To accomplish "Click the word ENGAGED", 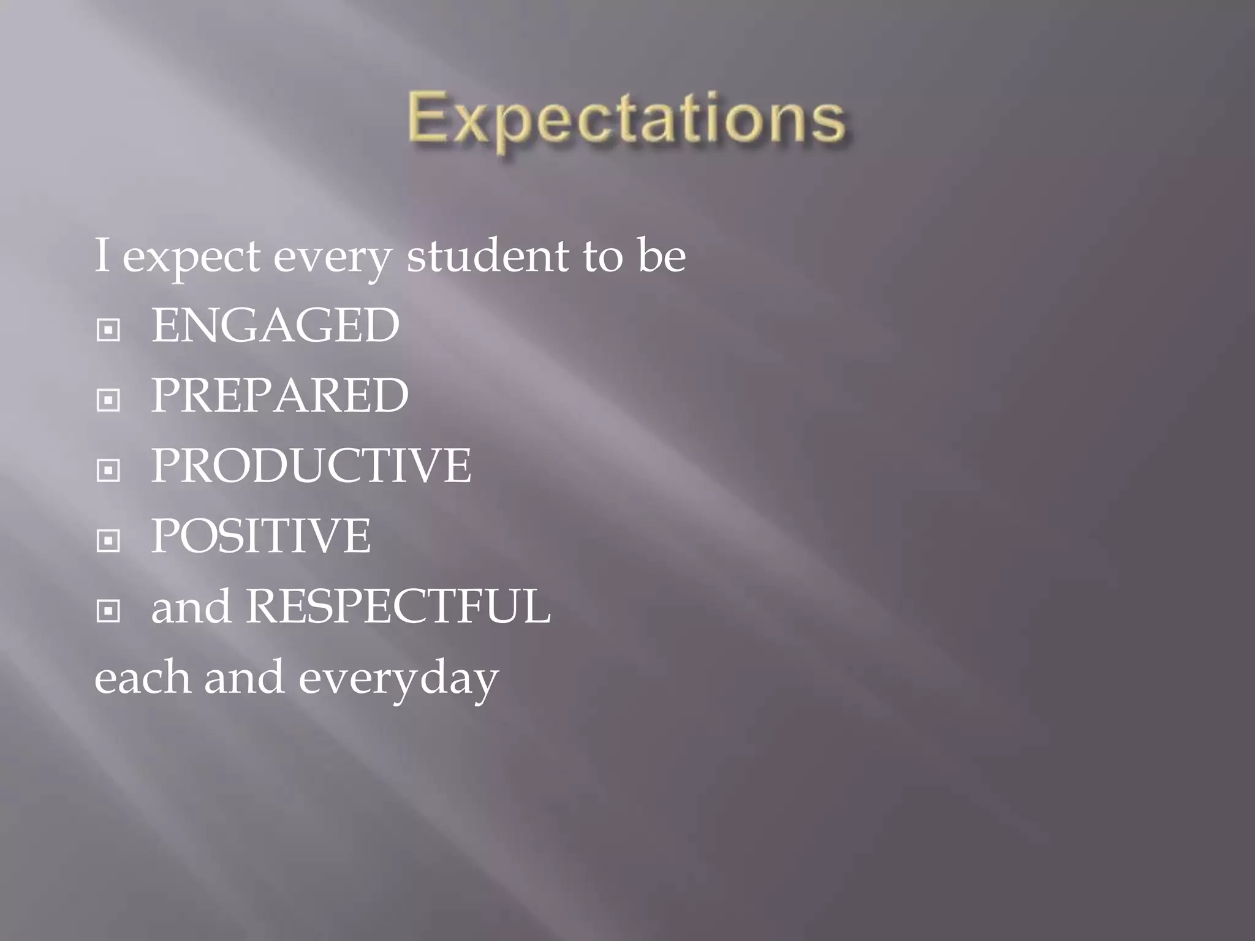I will pyautogui.click(x=275, y=325).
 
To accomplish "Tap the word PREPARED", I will pyautogui.click(x=279, y=395).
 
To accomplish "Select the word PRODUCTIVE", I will pyautogui.click(x=311, y=466).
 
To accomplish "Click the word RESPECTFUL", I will pyautogui.click(x=398, y=607).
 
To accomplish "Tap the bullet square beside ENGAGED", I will pyautogui.click(x=108, y=330).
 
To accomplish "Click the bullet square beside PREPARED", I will pyautogui.click(x=108, y=400).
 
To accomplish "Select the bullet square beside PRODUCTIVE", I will pyautogui.click(x=108, y=470).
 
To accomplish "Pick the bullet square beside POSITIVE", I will pyautogui.click(x=108, y=540).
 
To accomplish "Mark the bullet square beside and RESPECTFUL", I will pyautogui.click(x=108, y=611).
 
